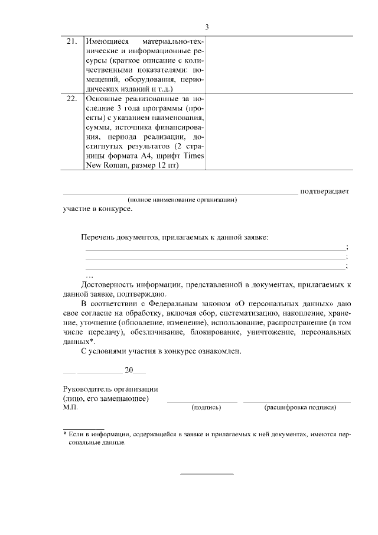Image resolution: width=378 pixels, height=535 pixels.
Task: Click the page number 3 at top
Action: coord(207,27)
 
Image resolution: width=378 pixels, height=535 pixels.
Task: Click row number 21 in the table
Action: coord(71,42)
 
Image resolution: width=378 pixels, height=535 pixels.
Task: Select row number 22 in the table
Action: coord(71,99)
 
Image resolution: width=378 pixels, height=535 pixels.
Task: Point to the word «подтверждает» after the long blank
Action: coord(324,191)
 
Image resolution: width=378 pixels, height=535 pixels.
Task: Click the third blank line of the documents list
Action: coord(215,269)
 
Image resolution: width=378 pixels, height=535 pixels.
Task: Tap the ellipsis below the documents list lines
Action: coord(89,276)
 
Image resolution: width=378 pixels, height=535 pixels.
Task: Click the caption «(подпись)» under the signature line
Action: coord(206,408)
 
